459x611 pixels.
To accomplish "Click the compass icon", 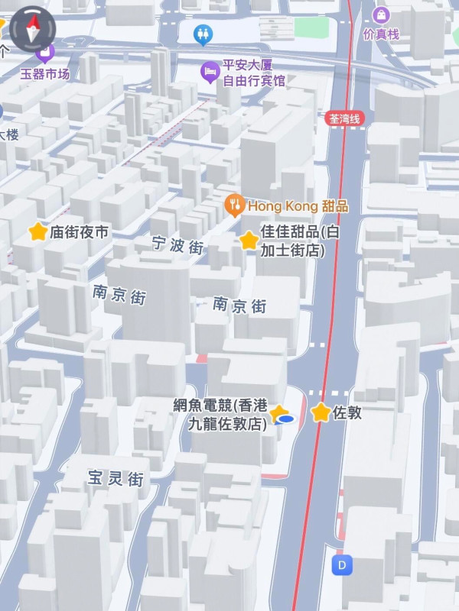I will [31, 30].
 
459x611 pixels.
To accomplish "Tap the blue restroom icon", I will [203, 34].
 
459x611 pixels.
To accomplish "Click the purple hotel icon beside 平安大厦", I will [209, 72].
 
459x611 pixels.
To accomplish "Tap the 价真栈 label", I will [381, 34].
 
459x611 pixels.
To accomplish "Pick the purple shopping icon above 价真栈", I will [381, 15].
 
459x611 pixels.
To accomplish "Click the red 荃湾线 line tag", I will [346, 118].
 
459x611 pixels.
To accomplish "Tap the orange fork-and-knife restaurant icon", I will [235, 205].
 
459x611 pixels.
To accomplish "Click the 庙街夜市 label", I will [79, 232].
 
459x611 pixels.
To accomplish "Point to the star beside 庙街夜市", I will [37, 231].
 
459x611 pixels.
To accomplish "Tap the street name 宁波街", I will [177, 246].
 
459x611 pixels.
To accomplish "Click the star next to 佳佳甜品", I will [249, 241].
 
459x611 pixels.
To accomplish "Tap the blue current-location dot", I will [286, 419].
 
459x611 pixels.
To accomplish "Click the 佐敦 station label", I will [347, 413].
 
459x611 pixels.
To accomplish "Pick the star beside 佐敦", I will [321, 412].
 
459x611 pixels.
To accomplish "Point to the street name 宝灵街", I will [116, 479].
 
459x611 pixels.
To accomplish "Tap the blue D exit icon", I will [342, 565].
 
